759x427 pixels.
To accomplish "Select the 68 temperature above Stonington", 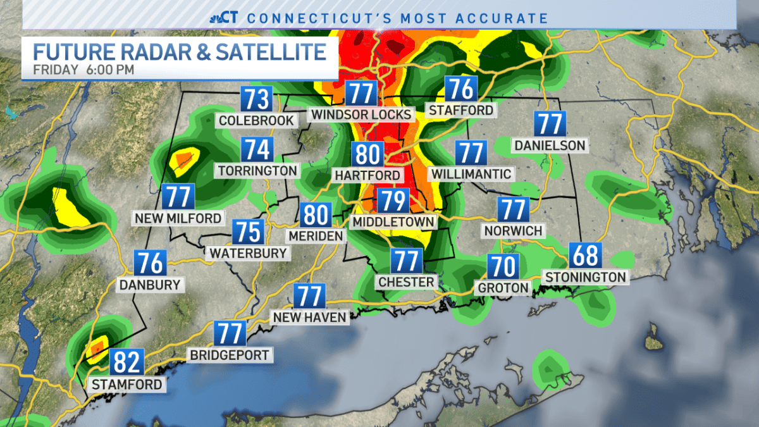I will (x=585, y=256).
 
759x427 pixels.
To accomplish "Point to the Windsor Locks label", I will (x=362, y=114).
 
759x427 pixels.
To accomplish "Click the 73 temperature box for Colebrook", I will (x=256, y=99).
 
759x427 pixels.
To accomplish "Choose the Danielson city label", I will (x=550, y=145).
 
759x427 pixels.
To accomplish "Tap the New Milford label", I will (x=178, y=218).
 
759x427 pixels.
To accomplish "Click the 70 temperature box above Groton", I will (x=502, y=266).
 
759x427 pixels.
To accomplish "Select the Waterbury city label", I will (x=249, y=253).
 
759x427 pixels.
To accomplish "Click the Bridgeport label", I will (x=230, y=355).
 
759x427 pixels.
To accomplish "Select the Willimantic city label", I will (x=471, y=173).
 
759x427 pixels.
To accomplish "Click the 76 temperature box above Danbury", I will (x=150, y=263).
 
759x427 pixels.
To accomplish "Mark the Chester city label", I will (x=406, y=282).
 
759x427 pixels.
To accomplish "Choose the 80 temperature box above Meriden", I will (x=315, y=215).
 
